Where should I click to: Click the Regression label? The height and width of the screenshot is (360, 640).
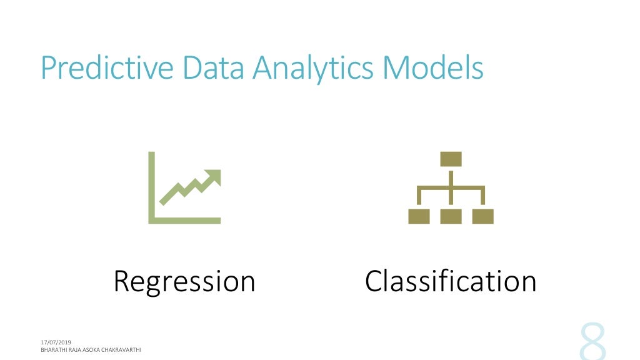point(184,281)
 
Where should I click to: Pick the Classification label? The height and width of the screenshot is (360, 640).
point(451,281)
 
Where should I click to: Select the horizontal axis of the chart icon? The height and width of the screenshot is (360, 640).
point(184,220)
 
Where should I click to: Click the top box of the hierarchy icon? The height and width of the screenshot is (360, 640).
point(451,159)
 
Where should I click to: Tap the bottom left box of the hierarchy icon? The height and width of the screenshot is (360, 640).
point(419,216)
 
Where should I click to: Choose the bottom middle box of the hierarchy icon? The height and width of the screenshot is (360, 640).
point(451,216)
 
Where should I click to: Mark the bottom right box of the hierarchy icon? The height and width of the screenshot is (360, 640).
point(482,216)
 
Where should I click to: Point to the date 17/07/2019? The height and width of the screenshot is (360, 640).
point(56,342)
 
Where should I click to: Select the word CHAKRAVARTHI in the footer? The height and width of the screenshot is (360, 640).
point(120,350)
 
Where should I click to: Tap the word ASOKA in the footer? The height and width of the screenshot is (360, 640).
point(89,350)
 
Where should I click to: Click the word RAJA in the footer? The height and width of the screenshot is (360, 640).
point(74,350)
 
